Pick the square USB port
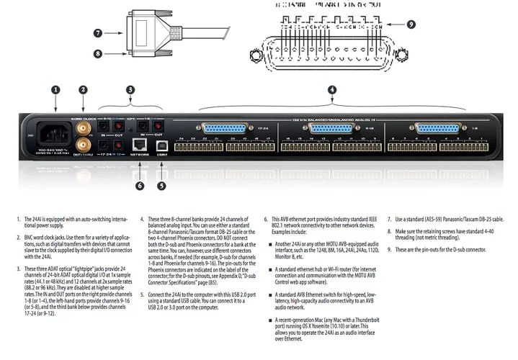pyautogui.click(x=162, y=144)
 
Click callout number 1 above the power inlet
pyautogui.click(x=56, y=90)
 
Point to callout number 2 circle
pyautogui.click(x=84, y=90)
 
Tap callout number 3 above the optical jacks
pyautogui.click(x=130, y=90)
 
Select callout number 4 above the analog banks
pyautogui.click(x=331, y=90)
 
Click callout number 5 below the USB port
pyautogui.click(x=162, y=185)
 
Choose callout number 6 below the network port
pyautogui.click(x=140, y=185)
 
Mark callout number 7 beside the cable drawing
pyautogui.click(x=98, y=32)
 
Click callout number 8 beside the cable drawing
pyautogui.click(x=98, y=53)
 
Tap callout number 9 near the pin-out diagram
pyautogui.click(x=411, y=24)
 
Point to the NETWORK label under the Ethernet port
pyautogui.click(x=140, y=154)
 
